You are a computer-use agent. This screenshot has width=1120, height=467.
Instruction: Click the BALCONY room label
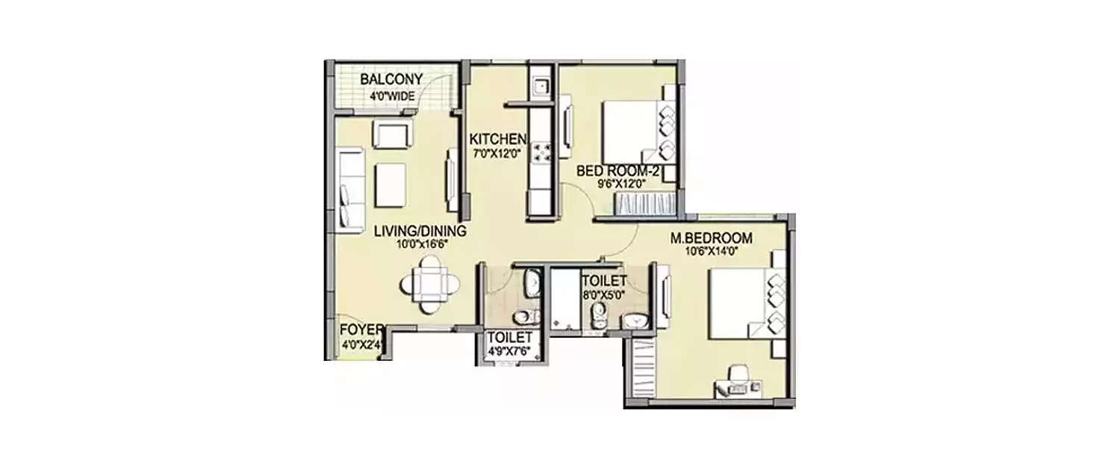click(x=391, y=79)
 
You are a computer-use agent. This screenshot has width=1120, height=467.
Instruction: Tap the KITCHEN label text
click(x=497, y=139)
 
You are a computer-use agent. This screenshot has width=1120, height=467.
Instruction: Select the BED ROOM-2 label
click(x=616, y=171)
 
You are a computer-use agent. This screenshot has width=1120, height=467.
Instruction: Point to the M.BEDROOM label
click(x=710, y=238)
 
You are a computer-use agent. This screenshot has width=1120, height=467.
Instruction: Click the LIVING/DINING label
click(x=420, y=231)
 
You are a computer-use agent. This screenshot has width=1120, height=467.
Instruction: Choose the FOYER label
click(x=361, y=330)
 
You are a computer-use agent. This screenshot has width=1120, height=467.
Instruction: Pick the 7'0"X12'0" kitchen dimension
click(x=497, y=153)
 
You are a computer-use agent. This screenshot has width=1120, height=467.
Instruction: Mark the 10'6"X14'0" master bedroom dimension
click(x=710, y=252)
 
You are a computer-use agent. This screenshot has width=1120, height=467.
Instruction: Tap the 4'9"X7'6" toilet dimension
click(x=509, y=350)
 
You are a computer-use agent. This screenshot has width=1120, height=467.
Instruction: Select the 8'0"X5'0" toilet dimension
click(x=604, y=294)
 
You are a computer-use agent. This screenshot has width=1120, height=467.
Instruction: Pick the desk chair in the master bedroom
click(x=738, y=374)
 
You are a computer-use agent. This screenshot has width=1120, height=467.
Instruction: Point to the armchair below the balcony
click(x=391, y=135)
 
